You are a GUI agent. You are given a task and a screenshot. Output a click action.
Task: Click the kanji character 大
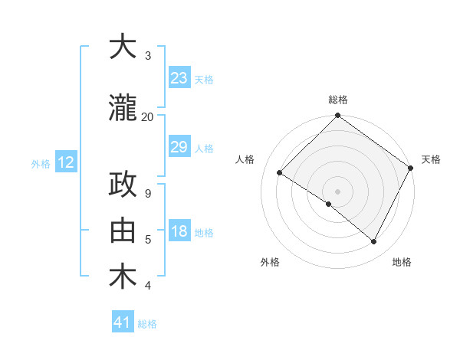[123, 47]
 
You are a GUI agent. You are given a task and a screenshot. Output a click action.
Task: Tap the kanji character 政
[123, 185]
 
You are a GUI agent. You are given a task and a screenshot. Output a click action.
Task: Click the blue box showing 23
[179, 78]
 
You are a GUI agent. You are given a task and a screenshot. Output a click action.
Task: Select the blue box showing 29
[179, 147]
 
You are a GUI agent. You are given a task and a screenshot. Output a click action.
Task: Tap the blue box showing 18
[179, 231]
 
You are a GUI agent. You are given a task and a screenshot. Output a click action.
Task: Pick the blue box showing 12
[65, 162]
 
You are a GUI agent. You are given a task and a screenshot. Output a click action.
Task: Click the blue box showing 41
[123, 322]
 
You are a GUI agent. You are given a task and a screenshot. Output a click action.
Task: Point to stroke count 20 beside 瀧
[147, 116]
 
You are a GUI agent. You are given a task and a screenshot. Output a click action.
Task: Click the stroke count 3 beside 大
[147, 55]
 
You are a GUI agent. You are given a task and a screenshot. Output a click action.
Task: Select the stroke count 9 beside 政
[147, 194]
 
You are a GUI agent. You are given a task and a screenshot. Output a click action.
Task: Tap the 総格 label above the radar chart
[337, 100]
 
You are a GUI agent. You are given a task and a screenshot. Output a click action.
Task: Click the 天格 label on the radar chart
[431, 159]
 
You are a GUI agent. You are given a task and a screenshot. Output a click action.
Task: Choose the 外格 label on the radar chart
[270, 262]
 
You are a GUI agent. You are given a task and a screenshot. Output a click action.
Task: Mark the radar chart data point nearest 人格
[280, 173]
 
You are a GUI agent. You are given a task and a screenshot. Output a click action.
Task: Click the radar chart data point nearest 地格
[374, 242]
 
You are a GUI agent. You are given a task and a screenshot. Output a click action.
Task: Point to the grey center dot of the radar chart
[337, 191]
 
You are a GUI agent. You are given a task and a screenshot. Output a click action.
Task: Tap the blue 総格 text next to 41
[147, 324]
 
